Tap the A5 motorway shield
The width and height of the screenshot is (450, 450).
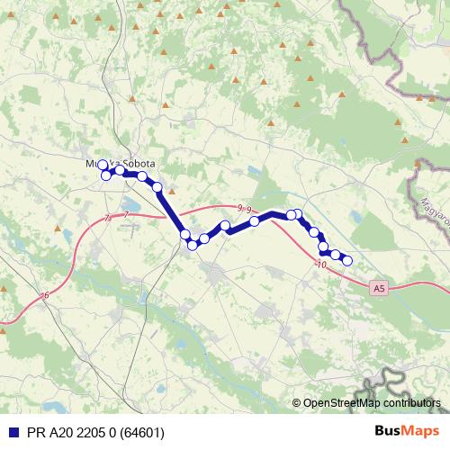pyautogui.click(x=380, y=288)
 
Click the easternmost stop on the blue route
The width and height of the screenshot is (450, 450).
pyautogui.click(x=347, y=261)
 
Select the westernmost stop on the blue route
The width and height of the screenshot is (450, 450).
pyautogui.click(x=103, y=165)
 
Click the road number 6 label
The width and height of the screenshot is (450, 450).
pyautogui.click(x=45, y=295)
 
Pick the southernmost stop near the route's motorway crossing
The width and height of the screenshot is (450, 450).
pyautogui.click(x=192, y=245)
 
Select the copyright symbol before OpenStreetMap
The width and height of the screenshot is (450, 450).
pyautogui.click(x=297, y=403)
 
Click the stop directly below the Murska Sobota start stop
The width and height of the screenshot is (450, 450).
pyautogui.click(x=106, y=175)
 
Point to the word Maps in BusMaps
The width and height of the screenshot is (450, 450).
pyautogui.click(x=420, y=432)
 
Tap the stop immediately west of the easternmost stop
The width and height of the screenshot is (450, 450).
pyautogui.click(x=336, y=256)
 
